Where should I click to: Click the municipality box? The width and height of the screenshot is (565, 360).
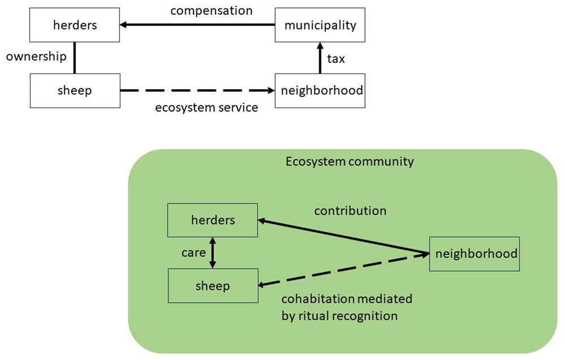[x=320, y=25]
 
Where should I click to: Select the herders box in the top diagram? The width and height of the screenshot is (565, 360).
[x=75, y=25]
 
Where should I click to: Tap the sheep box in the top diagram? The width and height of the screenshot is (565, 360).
[x=75, y=91]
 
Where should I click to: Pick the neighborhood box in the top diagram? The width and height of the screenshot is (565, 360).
[x=320, y=91]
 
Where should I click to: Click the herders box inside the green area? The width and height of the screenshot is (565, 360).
[x=212, y=220]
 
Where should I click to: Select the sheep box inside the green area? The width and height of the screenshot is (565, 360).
[x=213, y=286]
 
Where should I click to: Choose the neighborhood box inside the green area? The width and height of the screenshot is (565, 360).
[x=475, y=254]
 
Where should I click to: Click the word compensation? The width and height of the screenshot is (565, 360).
[x=211, y=11]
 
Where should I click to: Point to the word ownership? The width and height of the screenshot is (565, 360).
[x=36, y=57]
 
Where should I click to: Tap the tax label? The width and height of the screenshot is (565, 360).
[x=336, y=59]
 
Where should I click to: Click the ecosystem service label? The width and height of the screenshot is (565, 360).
[x=206, y=108]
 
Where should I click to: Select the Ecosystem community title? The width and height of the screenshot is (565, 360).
[x=350, y=162]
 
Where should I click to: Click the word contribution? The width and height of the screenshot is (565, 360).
[x=350, y=211]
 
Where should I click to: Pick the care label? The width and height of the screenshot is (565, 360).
[x=193, y=253]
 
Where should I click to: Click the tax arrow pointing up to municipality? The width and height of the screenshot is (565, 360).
[x=320, y=58]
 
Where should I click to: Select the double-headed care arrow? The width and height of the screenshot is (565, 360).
[x=212, y=253]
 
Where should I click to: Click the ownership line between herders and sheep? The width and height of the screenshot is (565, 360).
[x=75, y=58]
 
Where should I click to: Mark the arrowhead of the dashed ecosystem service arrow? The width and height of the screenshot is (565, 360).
[x=271, y=91]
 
